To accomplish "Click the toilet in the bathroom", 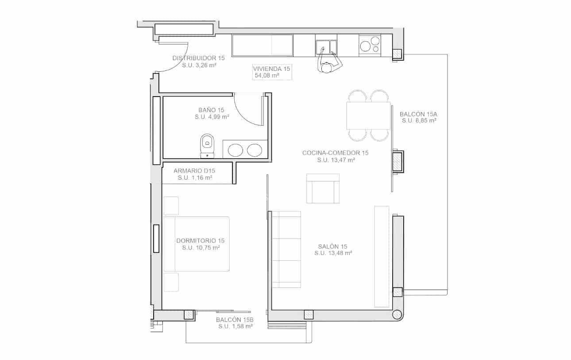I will point(206,145).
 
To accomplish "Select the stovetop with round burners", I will point(370,45).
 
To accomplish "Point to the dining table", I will point(368,116).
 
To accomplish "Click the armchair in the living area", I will point(323,188).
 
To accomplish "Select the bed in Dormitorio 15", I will point(197,244).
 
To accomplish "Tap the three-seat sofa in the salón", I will point(286,249).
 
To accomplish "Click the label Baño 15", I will point(212,110).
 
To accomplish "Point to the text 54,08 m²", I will point(266,76).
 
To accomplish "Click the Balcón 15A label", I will point(418,113).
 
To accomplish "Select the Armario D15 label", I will point(194,170).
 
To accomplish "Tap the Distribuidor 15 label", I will point(198,58).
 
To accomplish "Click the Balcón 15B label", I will point(235,320).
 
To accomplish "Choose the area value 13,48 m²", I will point(333,253).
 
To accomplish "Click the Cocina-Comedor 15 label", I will point(336,153).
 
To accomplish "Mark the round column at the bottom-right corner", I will point(397,314).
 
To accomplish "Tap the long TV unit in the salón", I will point(382,256).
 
